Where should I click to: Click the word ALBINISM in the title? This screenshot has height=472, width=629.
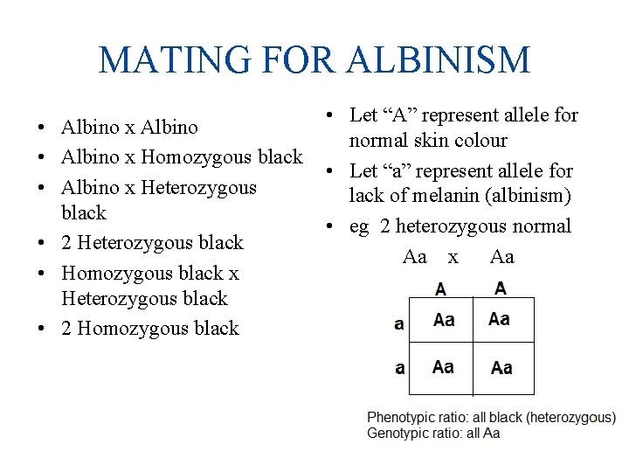[x=439, y=60]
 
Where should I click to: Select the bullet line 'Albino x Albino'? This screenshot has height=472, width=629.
[x=129, y=128]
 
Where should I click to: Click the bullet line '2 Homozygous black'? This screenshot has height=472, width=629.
[x=149, y=329]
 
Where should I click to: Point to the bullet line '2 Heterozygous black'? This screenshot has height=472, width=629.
[x=152, y=242]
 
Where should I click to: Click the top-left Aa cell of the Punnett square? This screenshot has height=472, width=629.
[x=444, y=320]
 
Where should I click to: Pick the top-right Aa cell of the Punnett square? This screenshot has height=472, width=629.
[x=500, y=319]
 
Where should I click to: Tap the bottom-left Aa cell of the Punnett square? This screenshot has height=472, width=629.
[x=444, y=366]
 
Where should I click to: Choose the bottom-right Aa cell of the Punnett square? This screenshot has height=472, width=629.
[x=501, y=367]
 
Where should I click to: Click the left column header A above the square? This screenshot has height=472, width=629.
[x=440, y=288]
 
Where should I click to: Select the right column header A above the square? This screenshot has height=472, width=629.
[x=500, y=288]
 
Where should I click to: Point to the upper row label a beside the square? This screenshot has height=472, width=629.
[x=399, y=323]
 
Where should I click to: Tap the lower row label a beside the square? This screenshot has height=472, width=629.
[x=399, y=368]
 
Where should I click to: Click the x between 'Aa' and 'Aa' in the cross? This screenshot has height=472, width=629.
[x=453, y=257]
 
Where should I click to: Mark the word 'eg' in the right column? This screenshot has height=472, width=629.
[x=359, y=226]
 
